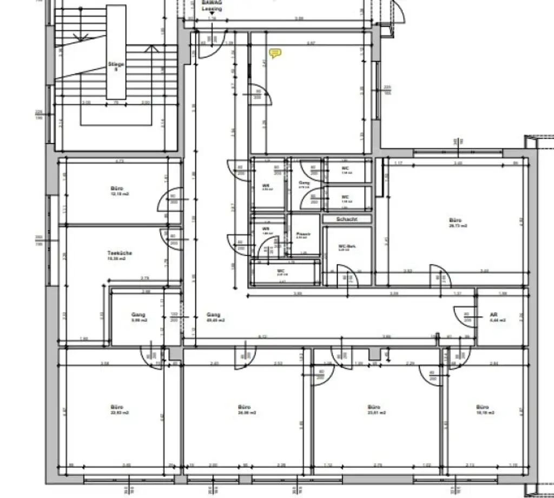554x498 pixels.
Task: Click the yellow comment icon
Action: (x=275, y=53)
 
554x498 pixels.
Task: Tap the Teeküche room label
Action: (x=120, y=253)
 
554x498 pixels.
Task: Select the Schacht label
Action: (x=346, y=219)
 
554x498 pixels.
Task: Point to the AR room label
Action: (x=493, y=314)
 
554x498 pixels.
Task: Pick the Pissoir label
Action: (x=303, y=234)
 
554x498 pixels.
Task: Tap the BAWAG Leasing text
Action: (x=212, y=5)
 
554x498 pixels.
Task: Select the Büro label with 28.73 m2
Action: (x=456, y=221)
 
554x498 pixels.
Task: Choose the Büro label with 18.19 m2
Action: (x=483, y=407)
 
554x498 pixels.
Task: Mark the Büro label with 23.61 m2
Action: (x=374, y=407)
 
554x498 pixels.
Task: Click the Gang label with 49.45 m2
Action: (x=214, y=314)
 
